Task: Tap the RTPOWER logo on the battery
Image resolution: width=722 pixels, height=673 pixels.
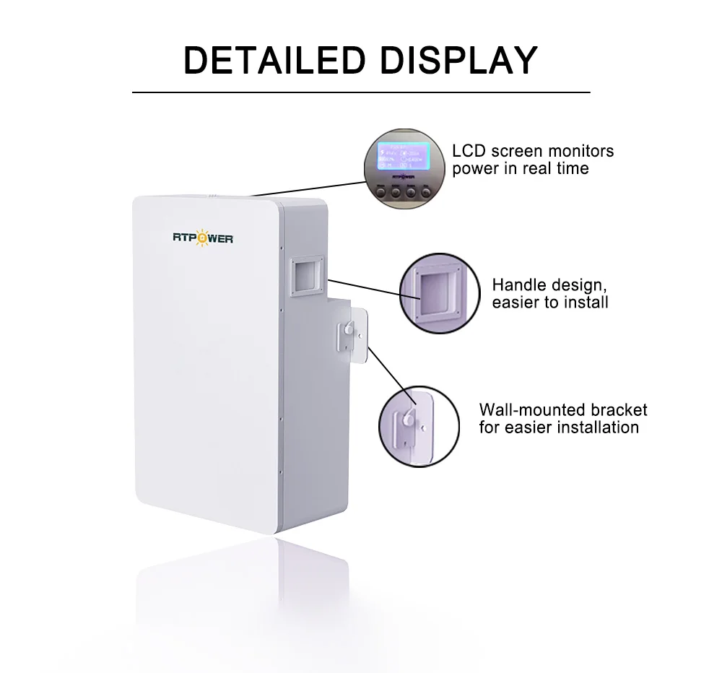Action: (x=203, y=238)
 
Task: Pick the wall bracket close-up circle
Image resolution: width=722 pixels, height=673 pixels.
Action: (x=419, y=422)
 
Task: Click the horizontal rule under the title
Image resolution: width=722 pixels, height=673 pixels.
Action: (x=360, y=92)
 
